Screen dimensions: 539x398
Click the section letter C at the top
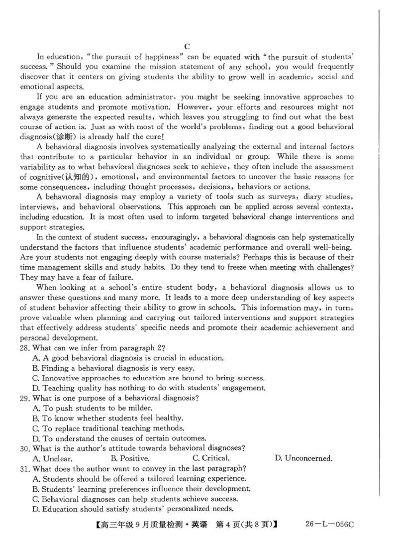coord(188,46)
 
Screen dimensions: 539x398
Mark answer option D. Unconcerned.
coord(303,458)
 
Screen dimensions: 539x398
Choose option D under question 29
coord(119,438)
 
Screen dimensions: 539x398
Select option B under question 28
coord(113,368)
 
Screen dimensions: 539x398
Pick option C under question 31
coord(134,498)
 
